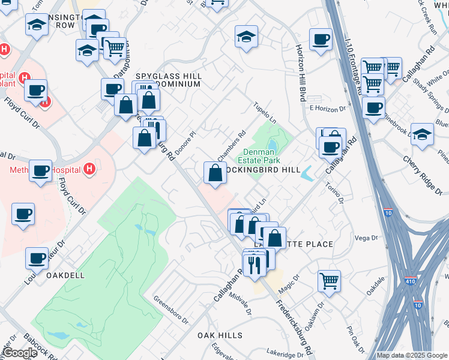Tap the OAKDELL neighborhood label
pyautogui.click(x=65, y=275)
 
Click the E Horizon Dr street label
pyautogui.click(x=328, y=109)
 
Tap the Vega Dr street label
pyautogui.click(x=366, y=238)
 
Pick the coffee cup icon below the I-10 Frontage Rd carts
pyautogui.click(x=373, y=108)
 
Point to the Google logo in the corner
pyautogui.click(x=20, y=353)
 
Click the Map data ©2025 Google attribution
pyautogui.click(x=412, y=355)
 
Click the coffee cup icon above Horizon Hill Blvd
pyautogui.click(x=321, y=40)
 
